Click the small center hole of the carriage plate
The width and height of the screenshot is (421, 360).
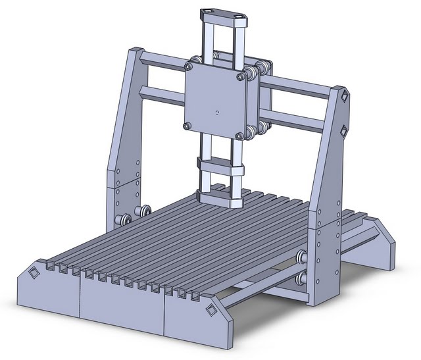tap(216, 113)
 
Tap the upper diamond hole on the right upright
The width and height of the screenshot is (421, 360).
tap(343, 97)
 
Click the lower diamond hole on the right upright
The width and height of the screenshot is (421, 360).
tap(342, 129)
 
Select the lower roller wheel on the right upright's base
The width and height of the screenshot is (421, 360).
tap(303, 279)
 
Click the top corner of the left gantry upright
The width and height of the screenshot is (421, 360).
tap(136, 51)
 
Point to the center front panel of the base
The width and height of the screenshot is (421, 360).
tap(122, 299)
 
